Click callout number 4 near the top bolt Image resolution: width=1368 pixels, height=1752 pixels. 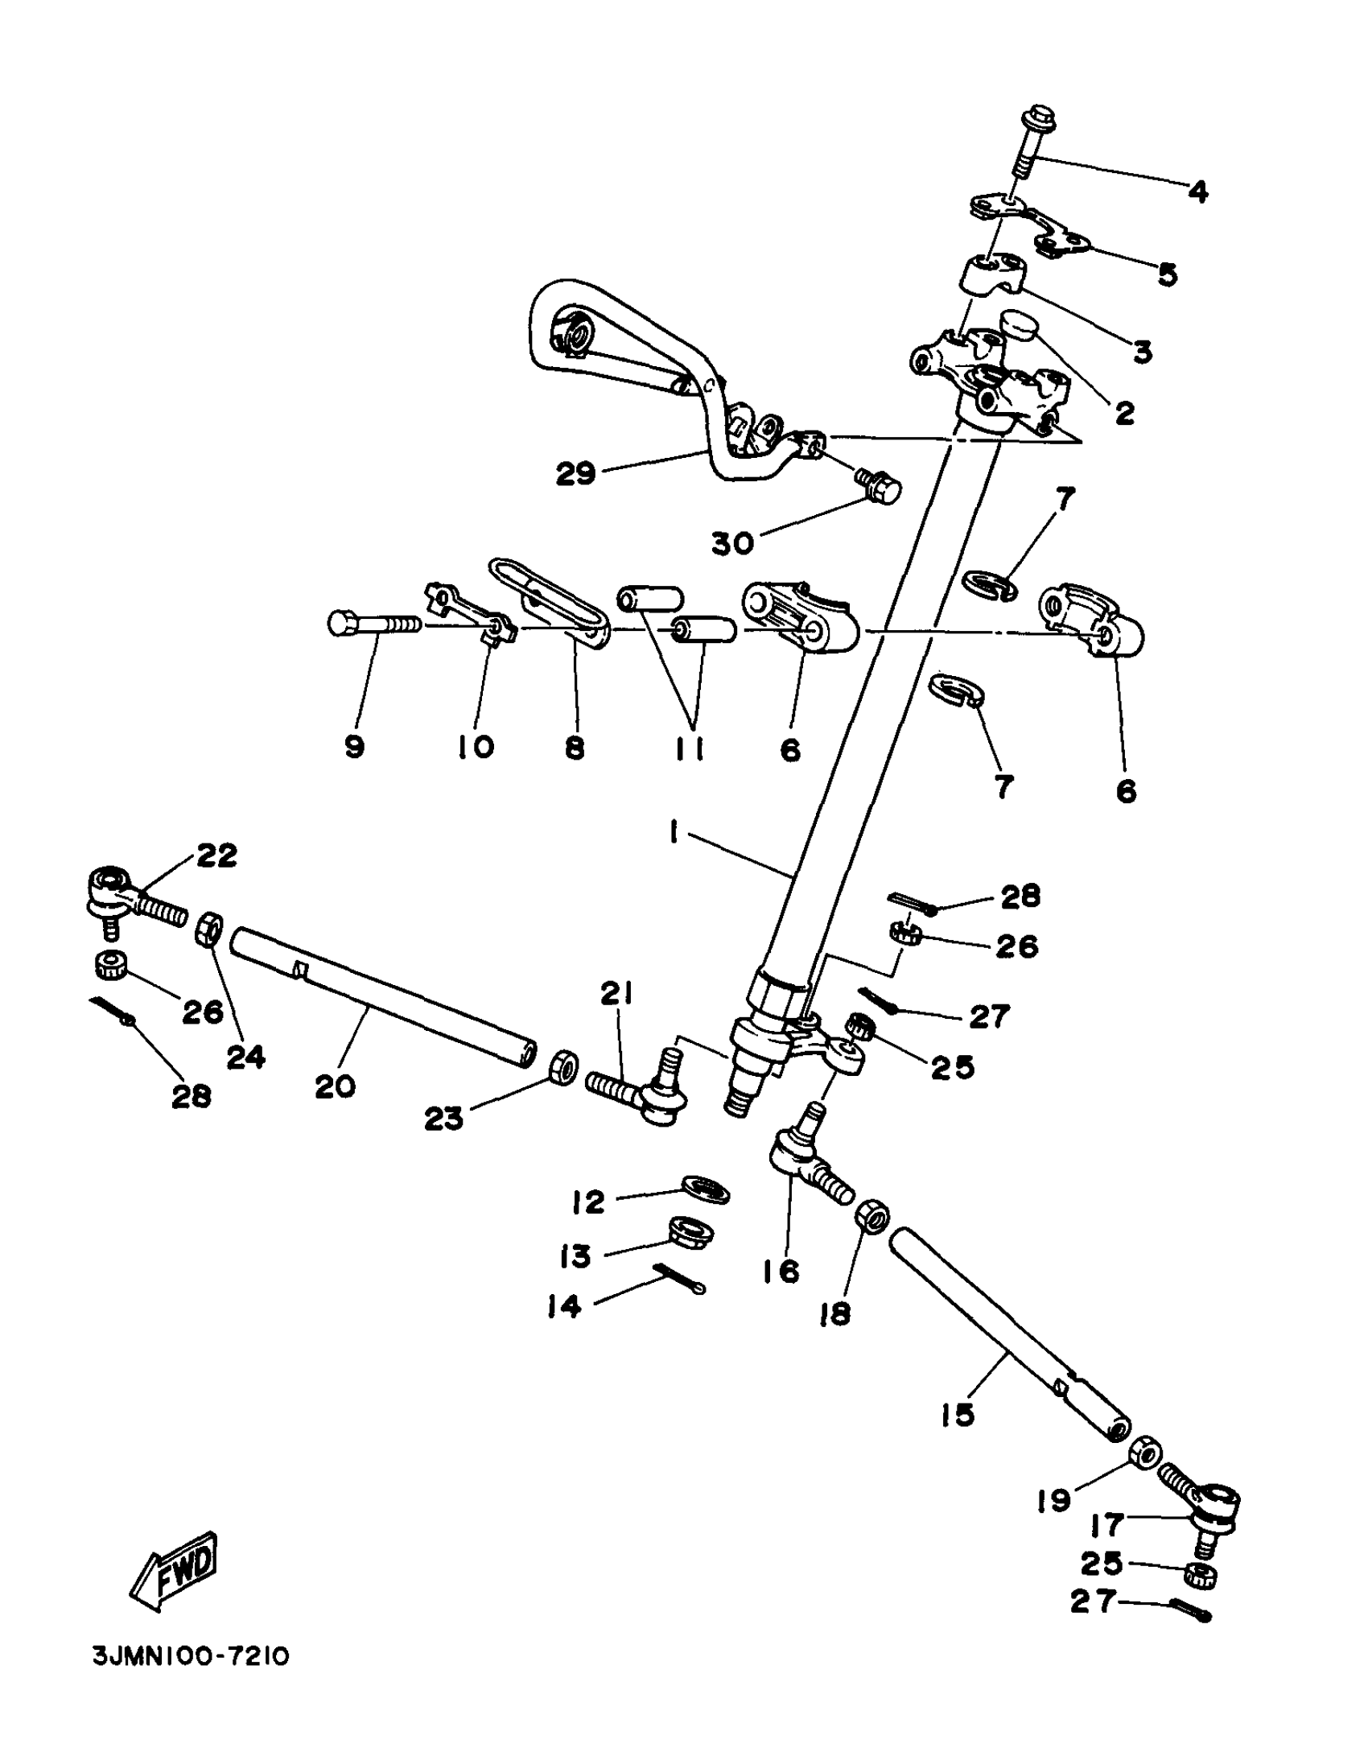tap(1197, 192)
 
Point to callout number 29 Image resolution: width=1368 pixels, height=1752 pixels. tap(576, 472)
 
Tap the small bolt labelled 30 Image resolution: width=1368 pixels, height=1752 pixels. tap(880, 484)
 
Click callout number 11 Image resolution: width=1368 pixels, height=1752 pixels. tap(689, 748)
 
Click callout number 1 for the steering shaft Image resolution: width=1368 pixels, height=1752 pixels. tap(673, 832)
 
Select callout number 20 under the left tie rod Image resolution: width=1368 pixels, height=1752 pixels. tap(335, 1086)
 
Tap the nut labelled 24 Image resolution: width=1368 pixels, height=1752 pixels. tap(209, 930)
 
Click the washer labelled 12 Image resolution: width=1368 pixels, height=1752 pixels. tap(705, 1188)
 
